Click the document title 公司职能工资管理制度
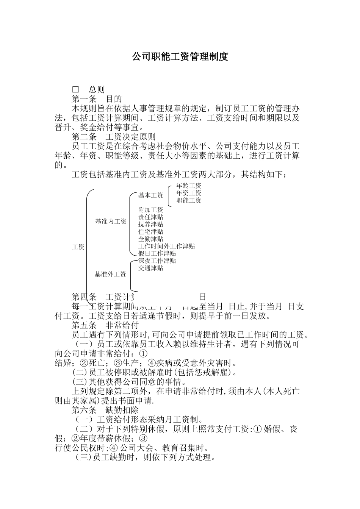[180, 57]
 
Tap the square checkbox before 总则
[76, 90]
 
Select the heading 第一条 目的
[97, 99]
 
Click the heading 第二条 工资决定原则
[114, 137]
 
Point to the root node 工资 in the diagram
[78, 247]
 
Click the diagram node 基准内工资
[111, 222]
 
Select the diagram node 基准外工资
[110, 274]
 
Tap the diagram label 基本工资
[150, 195]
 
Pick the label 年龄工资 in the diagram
[189, 186]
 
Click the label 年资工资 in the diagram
[189, 193]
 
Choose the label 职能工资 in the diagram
[189, 200]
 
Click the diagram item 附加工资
[150, 210]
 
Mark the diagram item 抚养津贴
[150, 224]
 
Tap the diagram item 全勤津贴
[150, 239]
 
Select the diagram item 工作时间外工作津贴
[166, 246]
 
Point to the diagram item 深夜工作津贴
[157, 261]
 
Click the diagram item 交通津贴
[150, 268]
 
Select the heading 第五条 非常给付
[105, 325]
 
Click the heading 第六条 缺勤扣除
[105, 410]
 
